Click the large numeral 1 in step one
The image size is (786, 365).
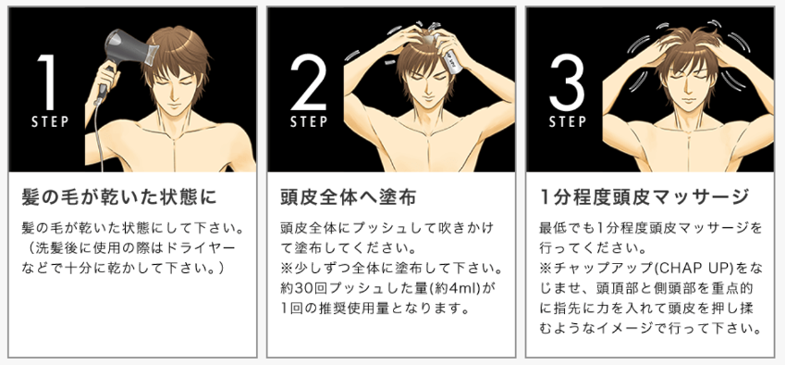(46, 82)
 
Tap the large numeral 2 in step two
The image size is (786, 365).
(309, 82)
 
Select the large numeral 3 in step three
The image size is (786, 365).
(568, 82)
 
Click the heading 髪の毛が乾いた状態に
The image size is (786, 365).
(119, 197)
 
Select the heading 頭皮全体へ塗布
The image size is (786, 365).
(348, 197)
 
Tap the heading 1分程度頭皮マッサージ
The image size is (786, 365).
(645, 197)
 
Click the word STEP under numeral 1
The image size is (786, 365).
(50, 121)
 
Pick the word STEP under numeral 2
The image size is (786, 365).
(309, 121)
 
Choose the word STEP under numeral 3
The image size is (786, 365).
(568, 121)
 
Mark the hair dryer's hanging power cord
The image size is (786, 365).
(98, 134)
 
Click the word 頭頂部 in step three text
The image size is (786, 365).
(614, 289)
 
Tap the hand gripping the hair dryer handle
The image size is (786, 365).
(106, 76)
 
